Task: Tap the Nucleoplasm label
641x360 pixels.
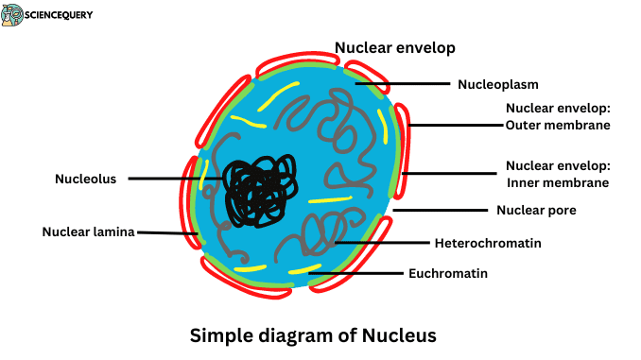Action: click(x=497, y=84)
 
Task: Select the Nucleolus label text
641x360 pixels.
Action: click(x=85, y=178)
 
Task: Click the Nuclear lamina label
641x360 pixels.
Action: click(x=88, y=231)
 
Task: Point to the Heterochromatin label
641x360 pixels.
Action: click(x=487, y=243)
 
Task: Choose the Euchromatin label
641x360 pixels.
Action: click(x=447, y=274)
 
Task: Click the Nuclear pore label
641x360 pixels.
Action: click(x=536, y=210)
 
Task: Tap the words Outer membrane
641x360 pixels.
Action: click(x=558, y=125)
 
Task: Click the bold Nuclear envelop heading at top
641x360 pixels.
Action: click(x=395, y=46)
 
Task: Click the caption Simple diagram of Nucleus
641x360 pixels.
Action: click(x=314, y=334)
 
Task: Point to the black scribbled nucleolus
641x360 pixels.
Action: click(x=256, y=188)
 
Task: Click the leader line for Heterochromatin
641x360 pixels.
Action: click(x=383, y=243)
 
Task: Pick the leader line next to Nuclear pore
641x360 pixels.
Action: click(x=439, y=210)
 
